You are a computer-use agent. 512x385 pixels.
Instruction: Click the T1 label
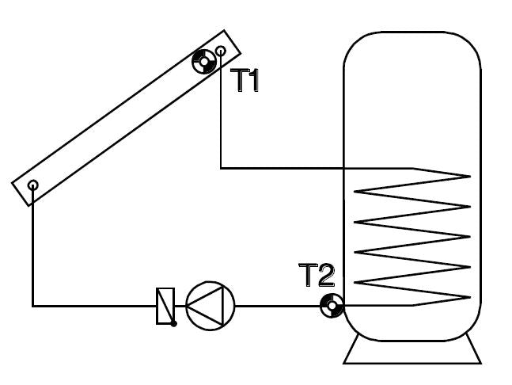tap(245, 80)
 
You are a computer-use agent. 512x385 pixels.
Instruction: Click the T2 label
tap(317, 275)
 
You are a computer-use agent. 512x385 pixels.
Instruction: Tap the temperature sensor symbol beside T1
tap(204, 62)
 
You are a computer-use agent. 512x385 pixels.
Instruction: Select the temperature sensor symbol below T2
tap(332, 306)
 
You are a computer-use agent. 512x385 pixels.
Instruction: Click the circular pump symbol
tap(210, 306)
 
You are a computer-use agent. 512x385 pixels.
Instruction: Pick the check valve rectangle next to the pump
tap(165, 306)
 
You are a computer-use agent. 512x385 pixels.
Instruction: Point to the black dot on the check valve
tap(174, 323)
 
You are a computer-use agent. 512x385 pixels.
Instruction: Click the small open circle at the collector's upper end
tap(221, 51)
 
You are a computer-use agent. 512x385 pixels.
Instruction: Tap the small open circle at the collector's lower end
tap(33, 185)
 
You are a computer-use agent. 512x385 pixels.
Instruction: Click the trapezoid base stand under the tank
tap(412, 352)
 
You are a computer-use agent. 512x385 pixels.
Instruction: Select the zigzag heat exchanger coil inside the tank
tap(412, 237)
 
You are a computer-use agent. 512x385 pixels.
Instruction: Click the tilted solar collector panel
tap(127, 118)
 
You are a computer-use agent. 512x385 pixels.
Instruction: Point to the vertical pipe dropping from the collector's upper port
tap(221, 109)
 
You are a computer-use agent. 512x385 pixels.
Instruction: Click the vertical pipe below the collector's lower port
tap(33, 246)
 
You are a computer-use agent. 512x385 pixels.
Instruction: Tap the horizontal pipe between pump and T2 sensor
tap(277, 306)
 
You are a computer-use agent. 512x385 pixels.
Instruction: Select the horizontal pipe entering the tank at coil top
tap(283, 168)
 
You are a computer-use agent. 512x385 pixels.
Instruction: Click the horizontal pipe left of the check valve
tap(94, 306)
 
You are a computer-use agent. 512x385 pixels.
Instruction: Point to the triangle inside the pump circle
tap(205, 306)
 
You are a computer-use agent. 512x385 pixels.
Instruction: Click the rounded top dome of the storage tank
tap(412, 49)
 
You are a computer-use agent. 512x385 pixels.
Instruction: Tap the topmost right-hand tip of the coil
tap(470, 177)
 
